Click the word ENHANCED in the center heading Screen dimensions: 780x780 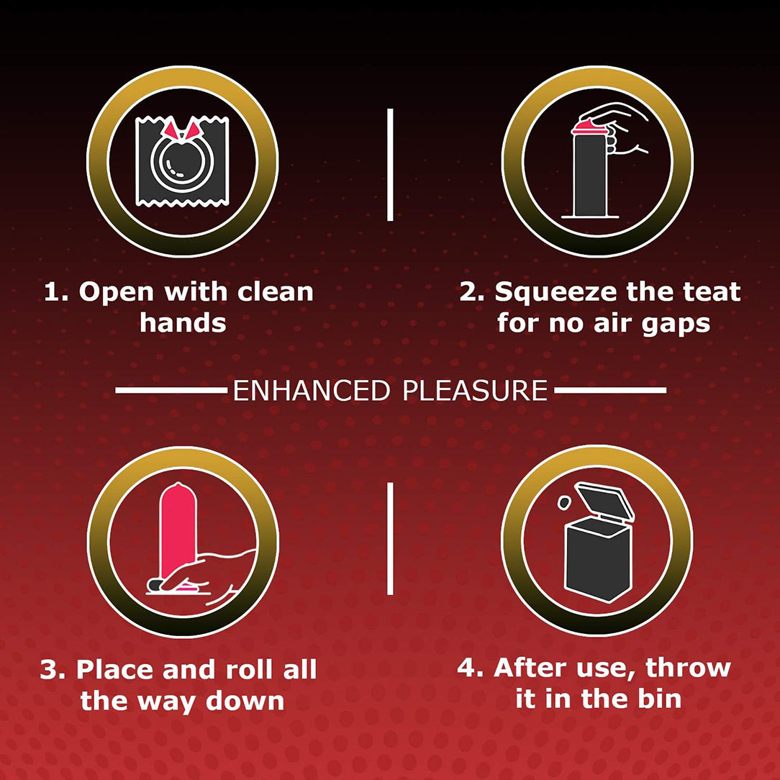[x=312, y=391]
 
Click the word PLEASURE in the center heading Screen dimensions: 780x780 [x=475, y=391]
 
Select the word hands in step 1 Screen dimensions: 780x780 [x=183, y=323]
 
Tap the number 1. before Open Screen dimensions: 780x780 [x=55, y=291]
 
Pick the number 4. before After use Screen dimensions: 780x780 [x=470, y=668]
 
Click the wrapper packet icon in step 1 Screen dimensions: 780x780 [x=182, y=161]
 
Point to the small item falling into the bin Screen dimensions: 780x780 [x=563, y=502]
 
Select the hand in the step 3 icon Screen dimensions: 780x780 [x=209, y=574]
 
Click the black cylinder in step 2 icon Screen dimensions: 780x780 [x=589, y=175]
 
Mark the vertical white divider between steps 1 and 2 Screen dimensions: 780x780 [x=390, y=165]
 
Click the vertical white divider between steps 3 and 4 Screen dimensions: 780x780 [x=390, y=538]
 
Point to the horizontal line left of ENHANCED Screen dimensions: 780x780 [x=171, y=391]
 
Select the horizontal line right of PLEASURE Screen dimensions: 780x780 [x=610, y=391]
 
